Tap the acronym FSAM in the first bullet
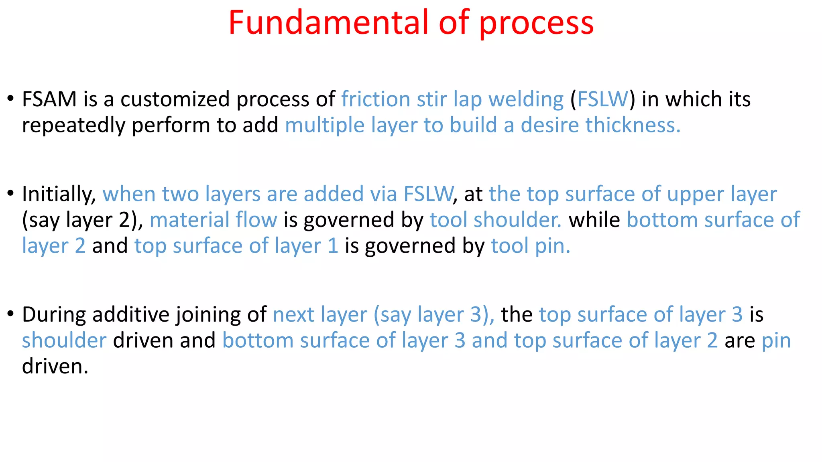point(49,99)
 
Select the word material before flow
point(189,220)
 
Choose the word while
point(594,220)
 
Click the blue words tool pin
point(530,246)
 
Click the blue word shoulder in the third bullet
point(64,340)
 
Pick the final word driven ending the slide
point(55,366)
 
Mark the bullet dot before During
point(10,314)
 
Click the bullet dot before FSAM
point(10,98)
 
